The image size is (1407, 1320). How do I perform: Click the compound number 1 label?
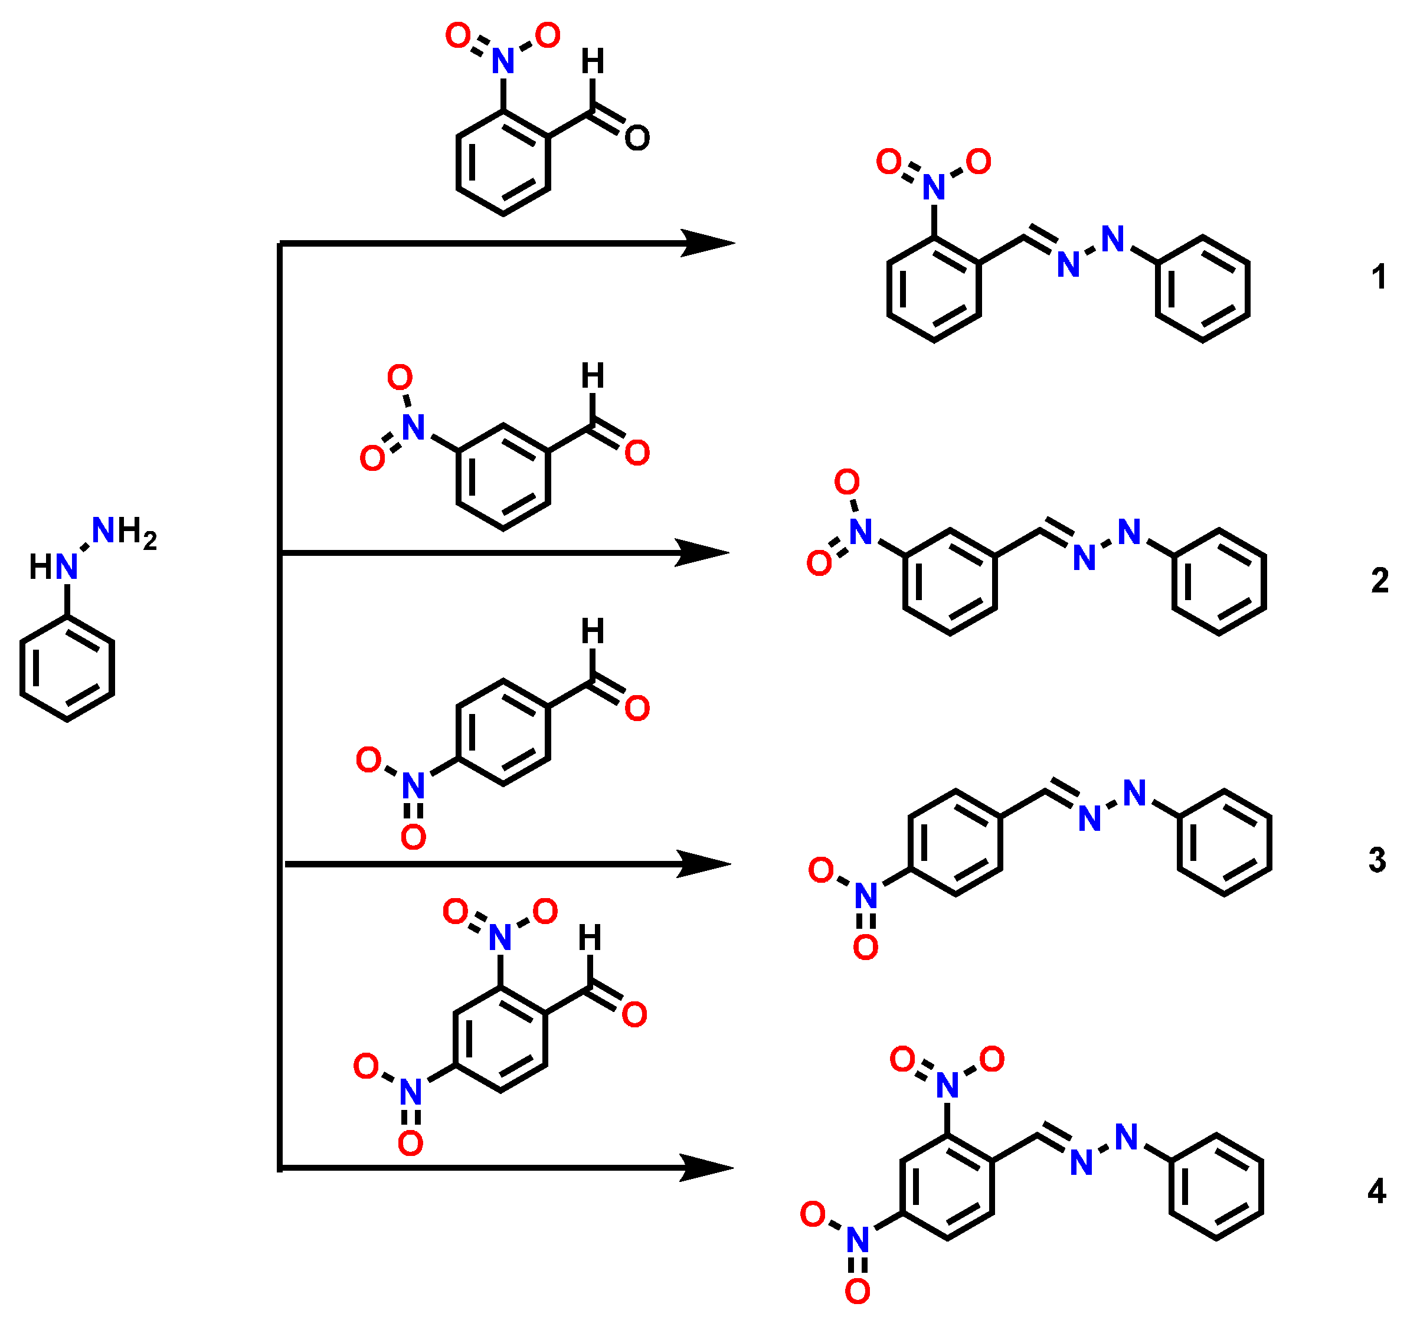click(1379, 276)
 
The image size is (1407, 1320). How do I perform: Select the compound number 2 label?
click(1379, 581)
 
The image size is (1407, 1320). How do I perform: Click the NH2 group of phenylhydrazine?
click(124, 531)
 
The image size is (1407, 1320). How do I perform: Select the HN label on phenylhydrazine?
click(54, 566)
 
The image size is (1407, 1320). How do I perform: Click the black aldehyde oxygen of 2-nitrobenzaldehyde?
click(637, 138)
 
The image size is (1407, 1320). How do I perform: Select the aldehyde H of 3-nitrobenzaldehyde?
click(593, 376)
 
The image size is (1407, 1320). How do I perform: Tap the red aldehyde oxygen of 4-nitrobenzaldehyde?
click(637, 708)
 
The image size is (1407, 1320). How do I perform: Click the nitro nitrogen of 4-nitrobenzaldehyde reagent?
click(413, 785)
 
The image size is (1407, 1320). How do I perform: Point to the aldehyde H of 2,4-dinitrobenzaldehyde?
click(590, 938)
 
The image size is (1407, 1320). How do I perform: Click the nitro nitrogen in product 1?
click(934, 188)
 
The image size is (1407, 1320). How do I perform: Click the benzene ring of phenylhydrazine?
click(67, 668)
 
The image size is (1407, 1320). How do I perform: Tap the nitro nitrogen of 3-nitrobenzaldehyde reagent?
click(413, 427)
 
